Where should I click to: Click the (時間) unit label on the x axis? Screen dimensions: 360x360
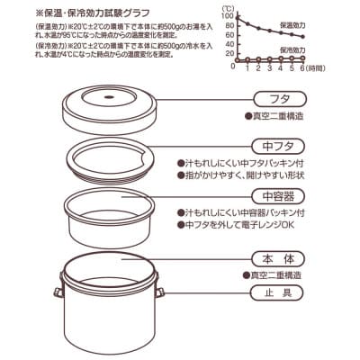click(335, 67)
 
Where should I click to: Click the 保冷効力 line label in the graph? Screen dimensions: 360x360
click(315, 50)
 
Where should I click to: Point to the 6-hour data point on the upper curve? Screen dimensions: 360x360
click(328, 37)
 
